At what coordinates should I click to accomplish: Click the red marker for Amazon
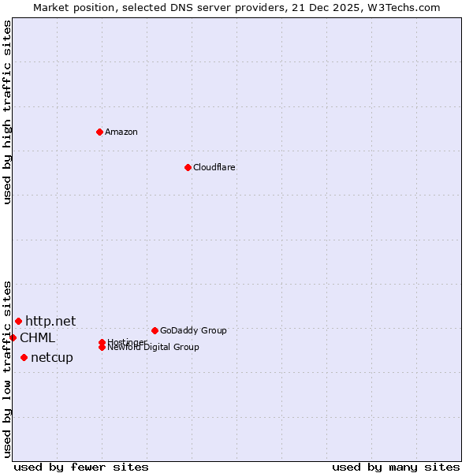coord(99,132)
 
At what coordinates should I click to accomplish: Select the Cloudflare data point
coord(188,167)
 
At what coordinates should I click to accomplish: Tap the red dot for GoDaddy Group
coord(155,330)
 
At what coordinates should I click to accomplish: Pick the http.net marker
coord(18,321)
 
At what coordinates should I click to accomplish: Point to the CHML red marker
coord(13,337)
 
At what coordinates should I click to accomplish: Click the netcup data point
coord(24,358)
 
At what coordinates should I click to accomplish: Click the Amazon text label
coord(121,132)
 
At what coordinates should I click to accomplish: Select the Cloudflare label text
coord(214,167)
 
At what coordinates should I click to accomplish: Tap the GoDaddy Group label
coord(193,330)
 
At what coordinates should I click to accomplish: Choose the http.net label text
coord(50,321)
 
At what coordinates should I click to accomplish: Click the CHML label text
coord(37,338)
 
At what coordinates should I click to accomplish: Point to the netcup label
coord(51,358)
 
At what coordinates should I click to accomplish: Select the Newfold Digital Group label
coord(153,348)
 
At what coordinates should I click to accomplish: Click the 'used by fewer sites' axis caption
coord(81,467)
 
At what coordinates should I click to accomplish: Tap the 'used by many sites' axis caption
coord(396,467)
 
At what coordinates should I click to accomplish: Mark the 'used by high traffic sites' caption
coord(8,112)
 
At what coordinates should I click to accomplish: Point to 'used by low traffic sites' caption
coord(8,368)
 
